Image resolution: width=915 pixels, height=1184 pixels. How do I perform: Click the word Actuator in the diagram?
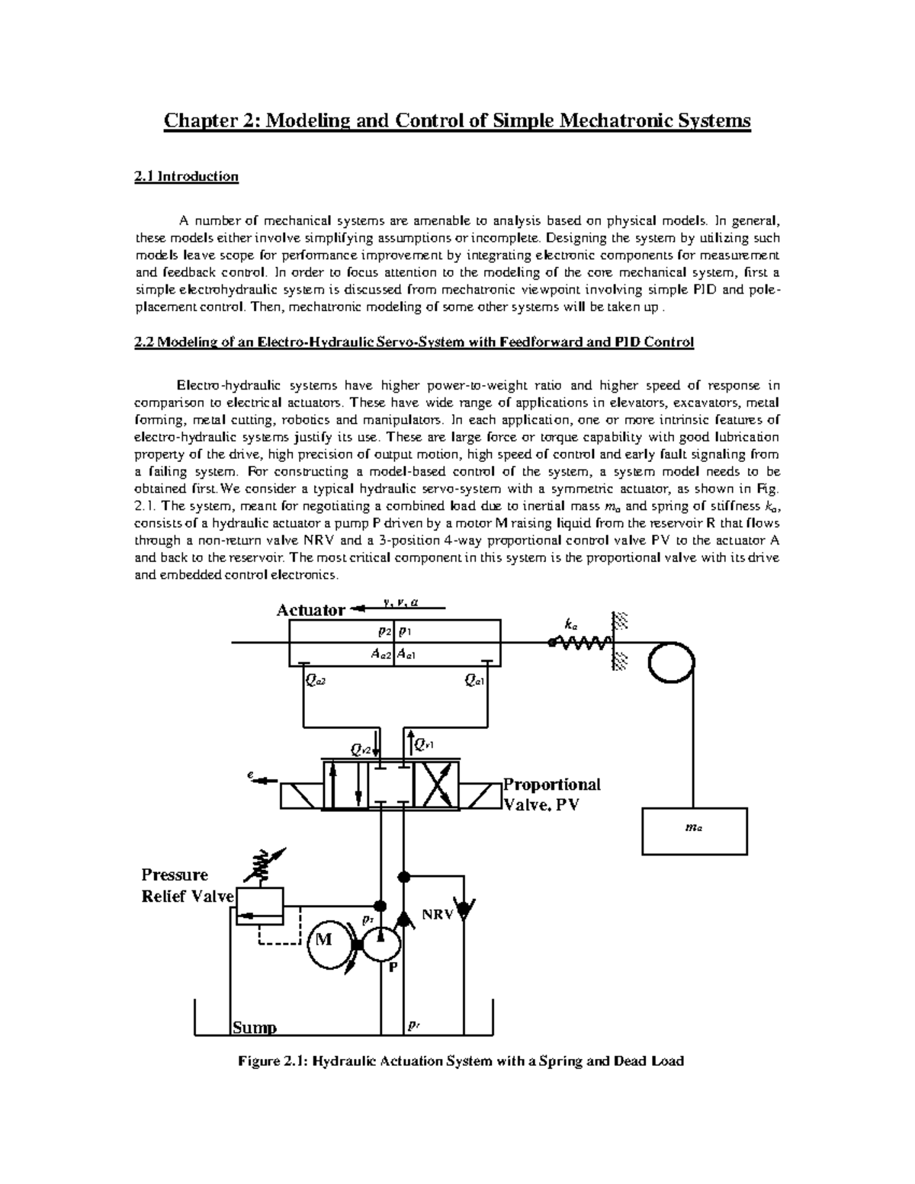[x=310, y=610]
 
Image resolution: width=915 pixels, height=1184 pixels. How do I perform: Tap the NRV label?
[x=437, y=914]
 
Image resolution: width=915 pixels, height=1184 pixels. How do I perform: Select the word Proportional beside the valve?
[x=552, y=785]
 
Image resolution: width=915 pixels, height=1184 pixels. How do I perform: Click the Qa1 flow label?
[x=474, y=680]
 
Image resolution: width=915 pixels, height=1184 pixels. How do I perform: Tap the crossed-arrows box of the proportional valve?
[x=436, y=785]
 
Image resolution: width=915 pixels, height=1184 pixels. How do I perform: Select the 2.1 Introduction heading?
[x=186, y=177]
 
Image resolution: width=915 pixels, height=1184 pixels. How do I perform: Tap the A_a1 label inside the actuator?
[x=405, y=653]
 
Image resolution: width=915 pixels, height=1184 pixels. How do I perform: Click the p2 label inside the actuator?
[x=384, y=632]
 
